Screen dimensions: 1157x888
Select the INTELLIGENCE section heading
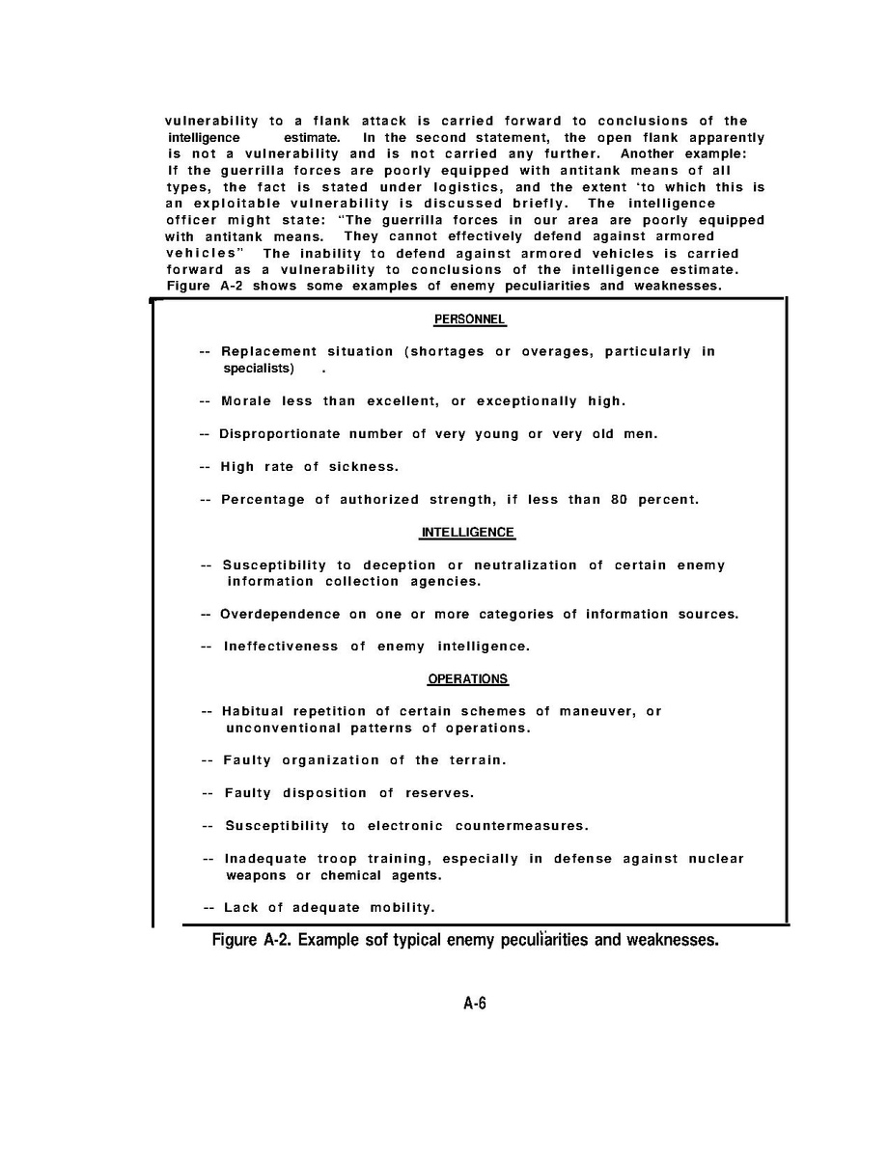(x=468, y=533)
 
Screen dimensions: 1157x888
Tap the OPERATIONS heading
(x=468, y=679)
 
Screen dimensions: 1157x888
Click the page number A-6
(x=474, y=1004)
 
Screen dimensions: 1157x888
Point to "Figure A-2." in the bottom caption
(x=252, y=940)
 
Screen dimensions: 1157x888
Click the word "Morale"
(x=246, y=401)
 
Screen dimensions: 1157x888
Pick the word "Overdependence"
(x=280, y=615)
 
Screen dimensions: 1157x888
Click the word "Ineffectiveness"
(x=281, y=647)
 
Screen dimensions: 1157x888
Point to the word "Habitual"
(x=253, y=712)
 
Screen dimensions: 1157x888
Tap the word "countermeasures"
(x=521, y=826)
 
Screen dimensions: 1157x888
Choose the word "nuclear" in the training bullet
(x=716, y=859)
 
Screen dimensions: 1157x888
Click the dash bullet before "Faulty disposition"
(x=208, y=793)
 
